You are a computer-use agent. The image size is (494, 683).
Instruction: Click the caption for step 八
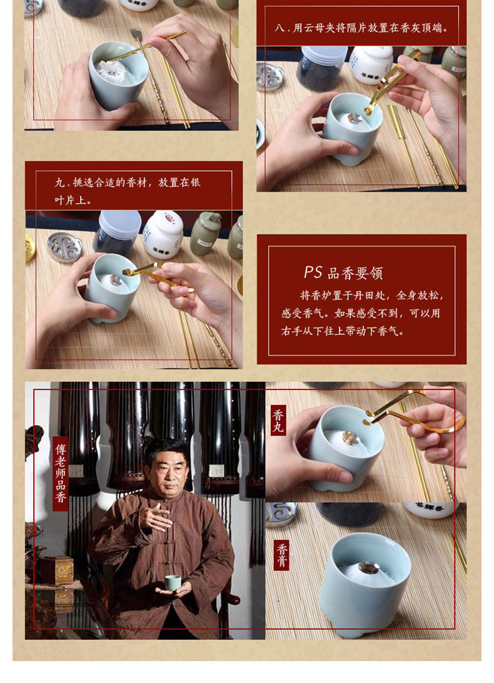(361, 28)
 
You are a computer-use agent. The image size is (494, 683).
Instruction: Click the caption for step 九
(128, 191)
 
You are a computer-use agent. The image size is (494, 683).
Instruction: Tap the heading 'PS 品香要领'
(343, 273)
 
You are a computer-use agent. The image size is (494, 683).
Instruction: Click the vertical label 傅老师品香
(61, 473)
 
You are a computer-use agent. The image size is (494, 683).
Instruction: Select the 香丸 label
(278, 421)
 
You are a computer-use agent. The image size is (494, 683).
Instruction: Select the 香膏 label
(282, 555)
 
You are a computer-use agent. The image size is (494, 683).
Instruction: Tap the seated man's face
(167, 470)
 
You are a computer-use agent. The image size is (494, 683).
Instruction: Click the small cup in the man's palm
(172, 583)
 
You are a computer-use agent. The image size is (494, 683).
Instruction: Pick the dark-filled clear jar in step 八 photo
(321, 68)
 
